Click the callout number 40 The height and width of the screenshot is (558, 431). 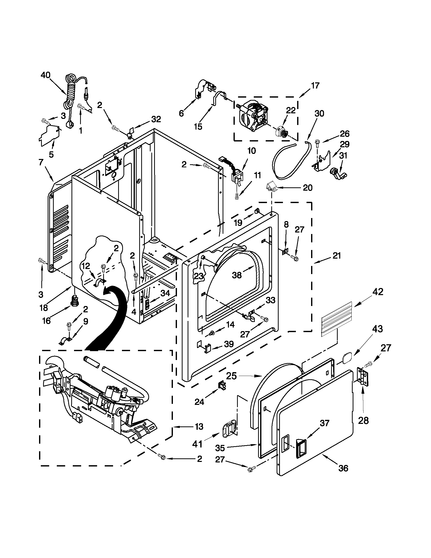pos(46,75)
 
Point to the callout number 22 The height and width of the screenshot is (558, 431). pos(291,110)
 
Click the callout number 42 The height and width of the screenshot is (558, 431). pos(378,292)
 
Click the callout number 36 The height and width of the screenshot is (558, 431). pos(343,468)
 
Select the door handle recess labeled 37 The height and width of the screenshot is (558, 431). pos(301,447)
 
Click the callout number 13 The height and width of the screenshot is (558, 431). pos(199,426)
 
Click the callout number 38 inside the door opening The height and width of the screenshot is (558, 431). pos(237,275)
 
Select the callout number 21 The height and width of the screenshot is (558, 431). pos(337,255)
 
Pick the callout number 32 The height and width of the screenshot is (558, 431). pos(156,119)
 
